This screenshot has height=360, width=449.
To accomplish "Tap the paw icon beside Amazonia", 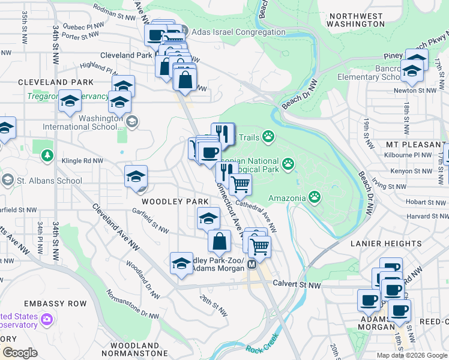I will click(315, 197).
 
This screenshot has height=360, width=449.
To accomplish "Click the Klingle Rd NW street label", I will click(83, 161).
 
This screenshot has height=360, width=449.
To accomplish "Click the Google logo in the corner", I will click(20, 352).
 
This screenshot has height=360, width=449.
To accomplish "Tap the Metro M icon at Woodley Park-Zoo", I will click(252, 264).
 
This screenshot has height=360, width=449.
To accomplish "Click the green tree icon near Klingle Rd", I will click(47, 156).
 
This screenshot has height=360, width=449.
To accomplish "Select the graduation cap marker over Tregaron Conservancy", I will click(70, 102).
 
